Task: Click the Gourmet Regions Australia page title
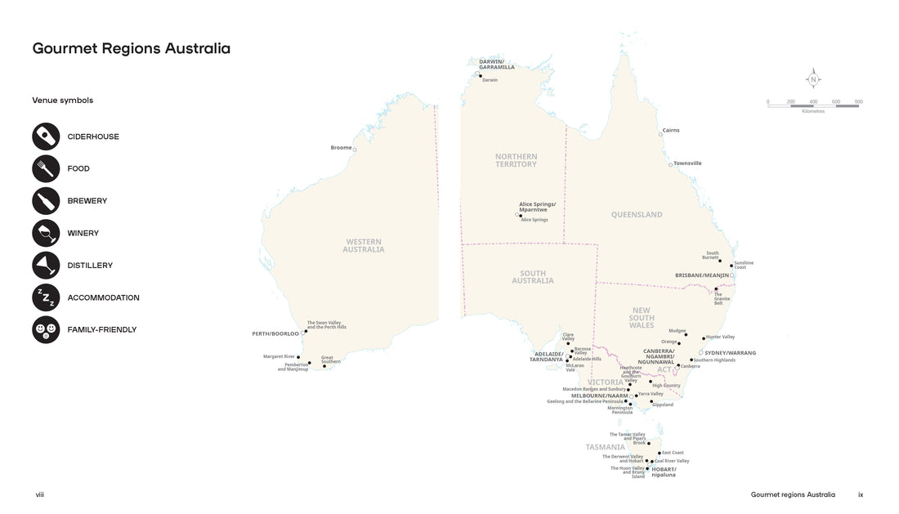[131, 48]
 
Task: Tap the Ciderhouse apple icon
[46, 136]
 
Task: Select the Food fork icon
[46, 168]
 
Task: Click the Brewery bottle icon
[46, 201]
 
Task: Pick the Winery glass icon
[46, 233]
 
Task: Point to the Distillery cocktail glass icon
[46, 266]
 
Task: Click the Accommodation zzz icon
[46, 297]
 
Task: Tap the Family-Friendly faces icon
[46, 330]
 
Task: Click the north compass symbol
[813, 79]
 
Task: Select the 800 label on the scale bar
[858, 102]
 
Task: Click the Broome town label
[341, 148]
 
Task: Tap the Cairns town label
[671, 130]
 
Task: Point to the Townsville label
[687, 163]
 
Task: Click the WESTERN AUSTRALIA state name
[364, 245]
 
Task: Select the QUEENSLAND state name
[637, 215]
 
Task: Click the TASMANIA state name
[605, 447]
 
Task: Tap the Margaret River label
[279, 356]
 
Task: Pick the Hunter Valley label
[720, 337]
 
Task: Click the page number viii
[39, 495]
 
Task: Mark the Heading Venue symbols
[62, 101]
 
